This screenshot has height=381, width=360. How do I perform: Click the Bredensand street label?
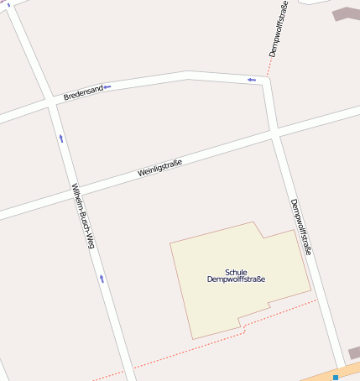coord(83,91)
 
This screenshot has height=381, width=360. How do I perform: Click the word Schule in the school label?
coord(236,272)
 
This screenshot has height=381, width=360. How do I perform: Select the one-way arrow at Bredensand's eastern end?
coord(252,80)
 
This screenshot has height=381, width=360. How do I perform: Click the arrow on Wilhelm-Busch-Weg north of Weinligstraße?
coord(60,138)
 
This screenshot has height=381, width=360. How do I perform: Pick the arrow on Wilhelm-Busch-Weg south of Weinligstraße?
coord(102,278)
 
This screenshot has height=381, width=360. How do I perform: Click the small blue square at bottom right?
coord(335,378)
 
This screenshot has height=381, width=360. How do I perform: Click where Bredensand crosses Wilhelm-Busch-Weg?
coord(52,103)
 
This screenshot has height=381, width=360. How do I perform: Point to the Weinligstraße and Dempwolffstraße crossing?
coord(274,133)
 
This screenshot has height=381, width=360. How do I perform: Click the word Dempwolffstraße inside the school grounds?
coord(236,279)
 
